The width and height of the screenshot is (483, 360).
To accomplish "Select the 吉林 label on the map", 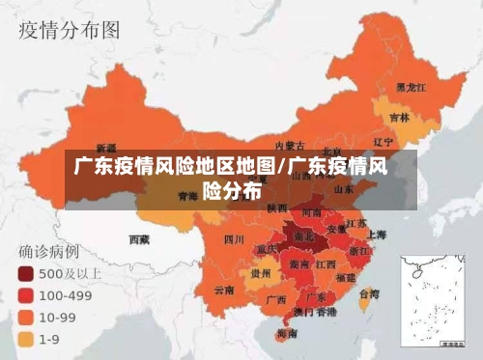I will tap(398, 118).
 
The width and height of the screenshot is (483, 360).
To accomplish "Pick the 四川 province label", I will tap(233, 238).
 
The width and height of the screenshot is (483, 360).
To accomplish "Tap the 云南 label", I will tap(224, 289).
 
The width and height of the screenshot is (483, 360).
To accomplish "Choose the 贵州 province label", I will tap(260, 273).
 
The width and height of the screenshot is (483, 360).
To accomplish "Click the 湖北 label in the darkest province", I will tap(303, 235).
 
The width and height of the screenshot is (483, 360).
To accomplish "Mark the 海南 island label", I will tap(286, 333).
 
